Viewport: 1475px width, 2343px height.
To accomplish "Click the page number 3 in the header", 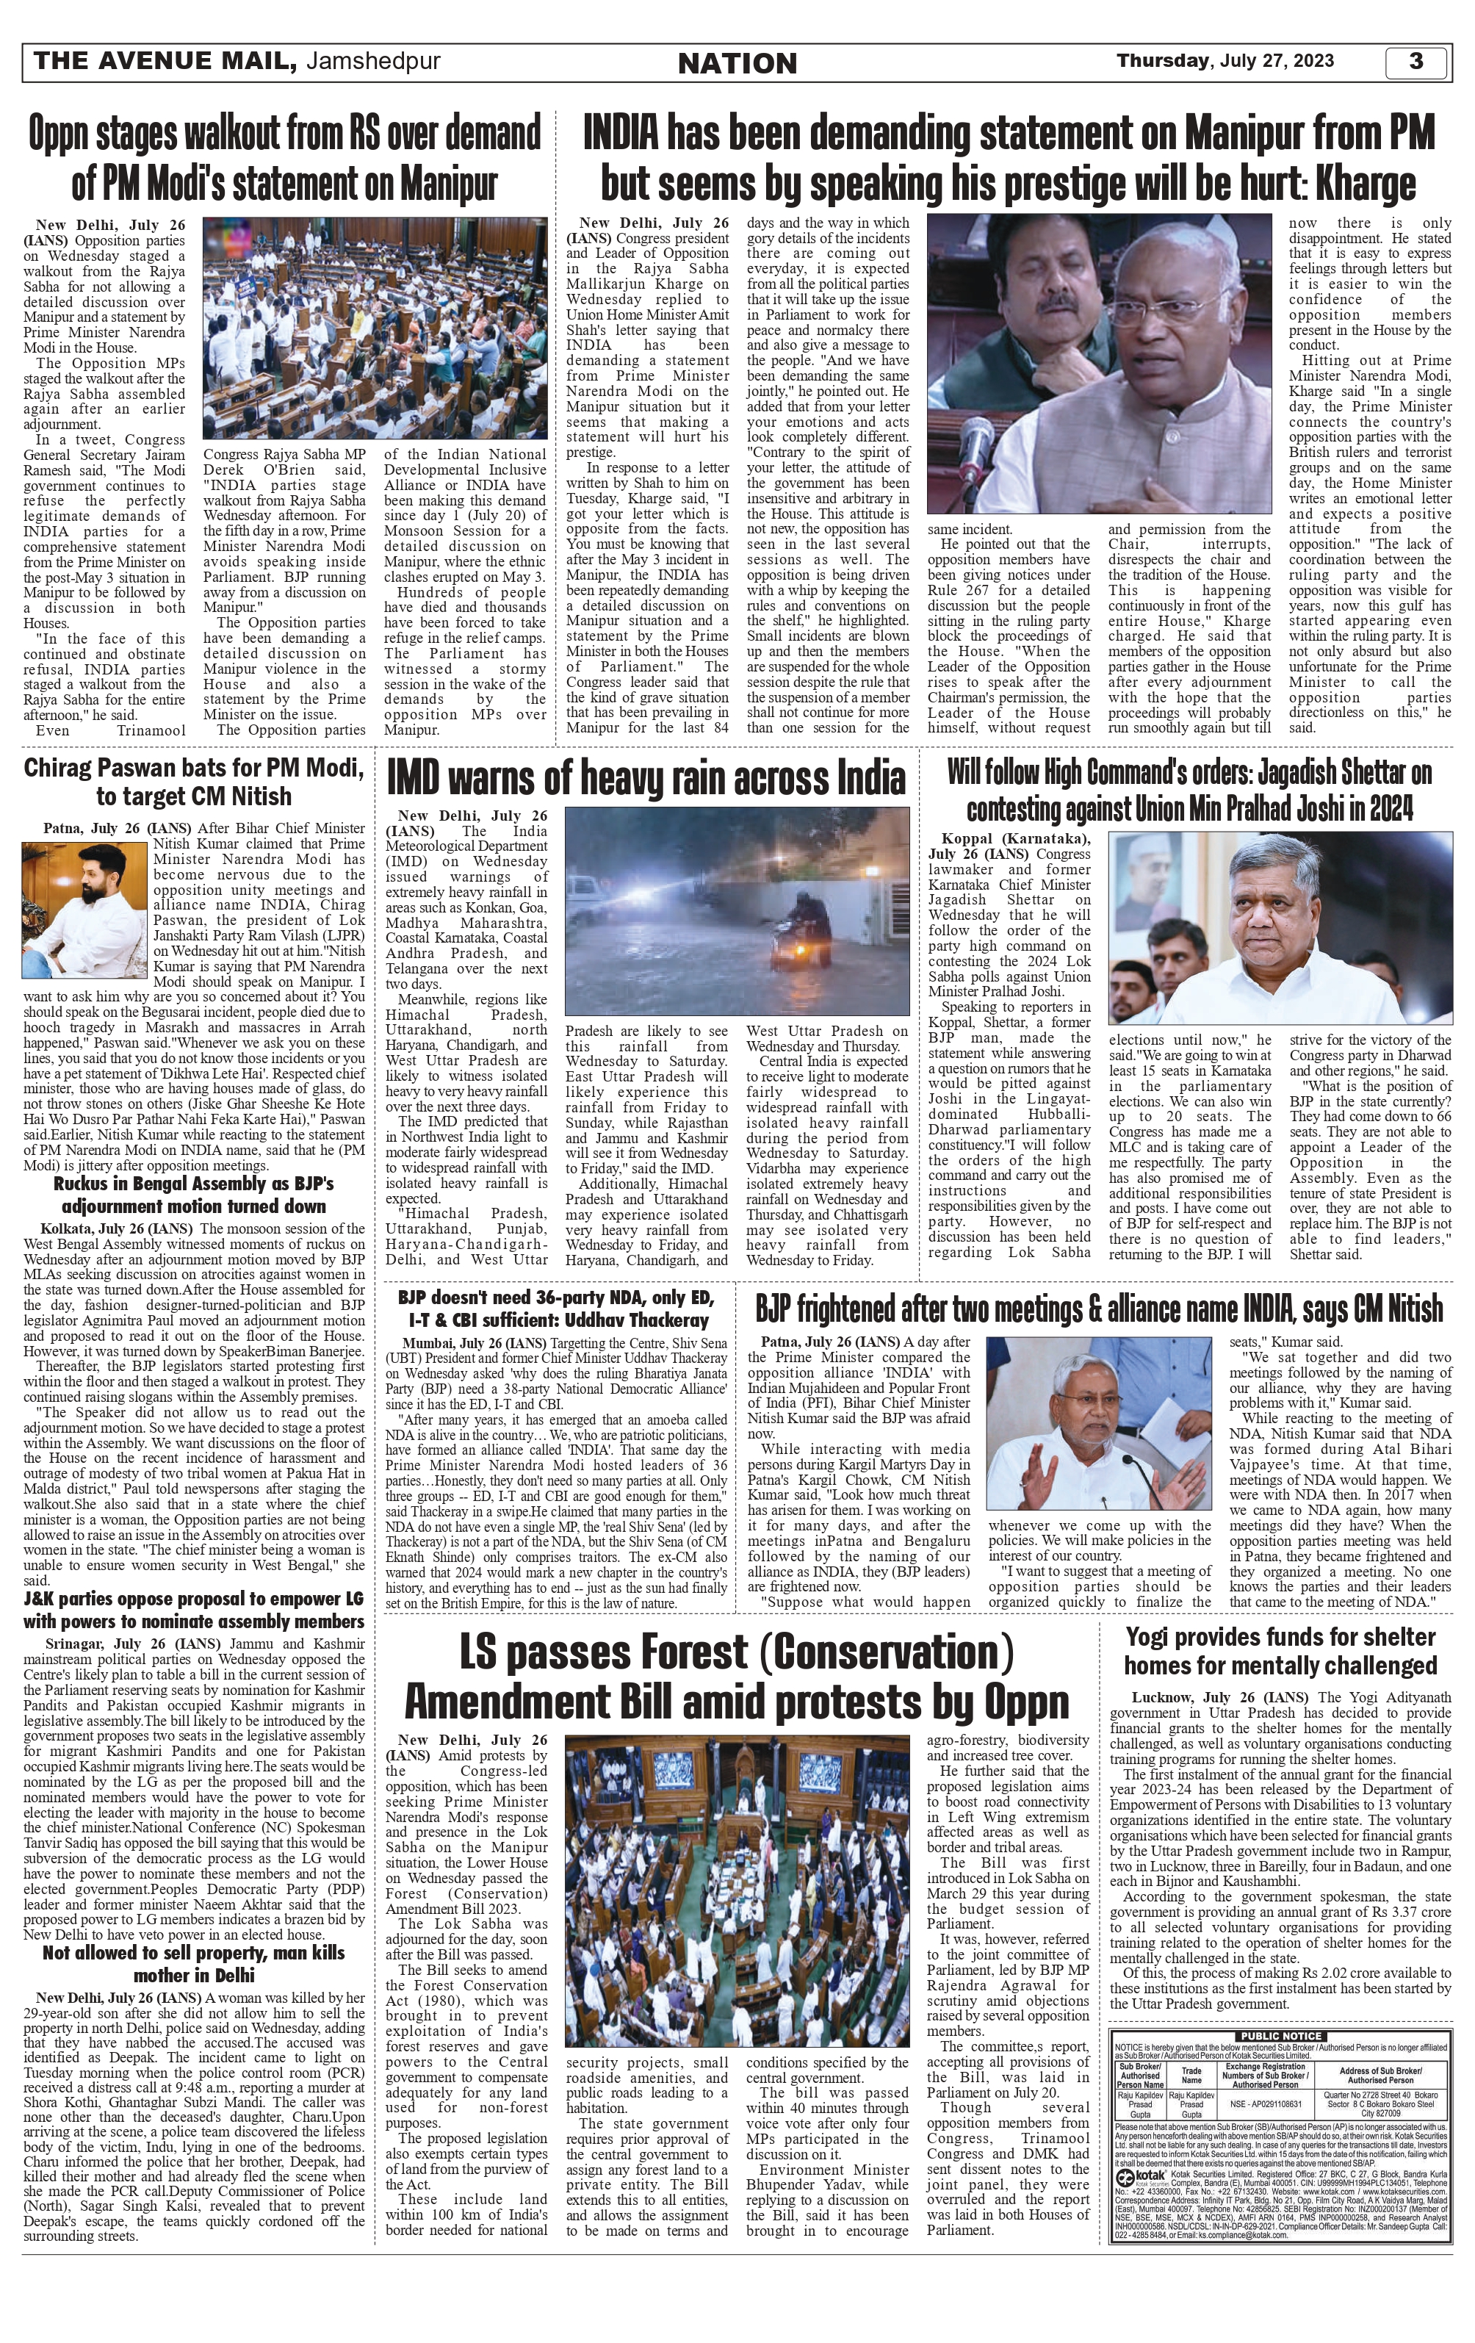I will click(1416, 61).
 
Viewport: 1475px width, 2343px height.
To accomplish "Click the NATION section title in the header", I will click(737, 63).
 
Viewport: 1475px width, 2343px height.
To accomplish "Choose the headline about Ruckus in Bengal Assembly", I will click(194, 1195).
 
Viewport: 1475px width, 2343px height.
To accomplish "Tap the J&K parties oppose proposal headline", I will click(194, 1610).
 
